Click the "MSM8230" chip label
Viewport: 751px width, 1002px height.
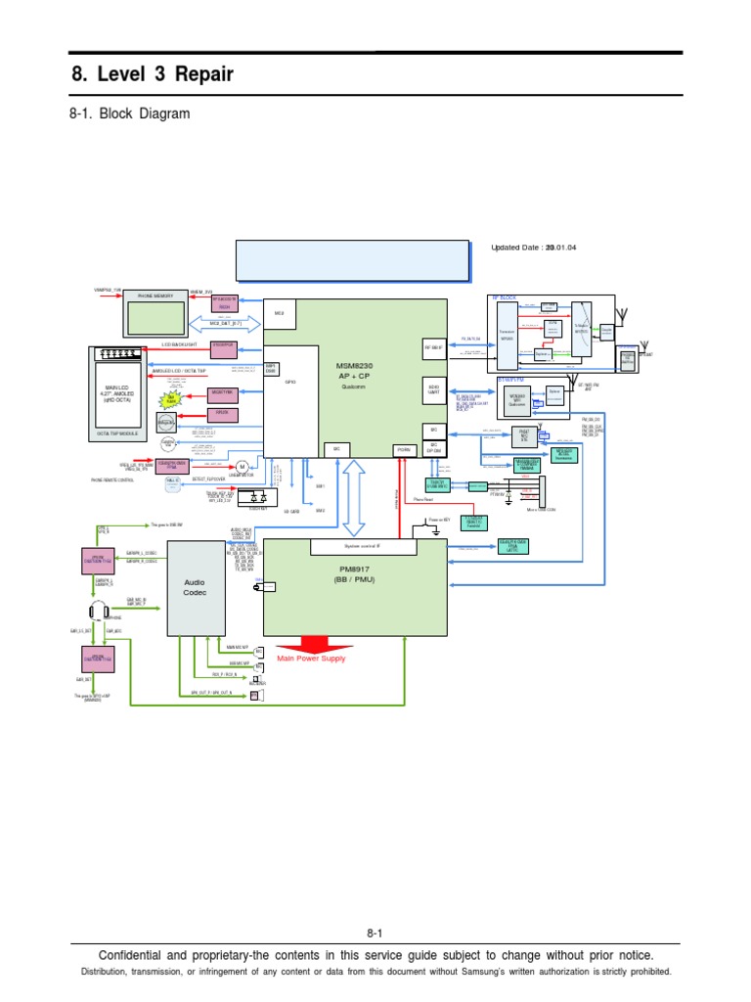tap(358, 365)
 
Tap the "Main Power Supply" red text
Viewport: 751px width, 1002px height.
tap(311, 660)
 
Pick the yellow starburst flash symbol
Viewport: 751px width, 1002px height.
tap(171, 397)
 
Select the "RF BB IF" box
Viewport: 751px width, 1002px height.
tap(434, 347)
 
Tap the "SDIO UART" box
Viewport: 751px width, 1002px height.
tap(433, 388)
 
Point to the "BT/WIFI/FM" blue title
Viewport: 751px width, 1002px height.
tap(510, 377)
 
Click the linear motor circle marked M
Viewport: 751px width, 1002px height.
tap(241, 467)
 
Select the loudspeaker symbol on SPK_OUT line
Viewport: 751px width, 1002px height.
tap(255, 696)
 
